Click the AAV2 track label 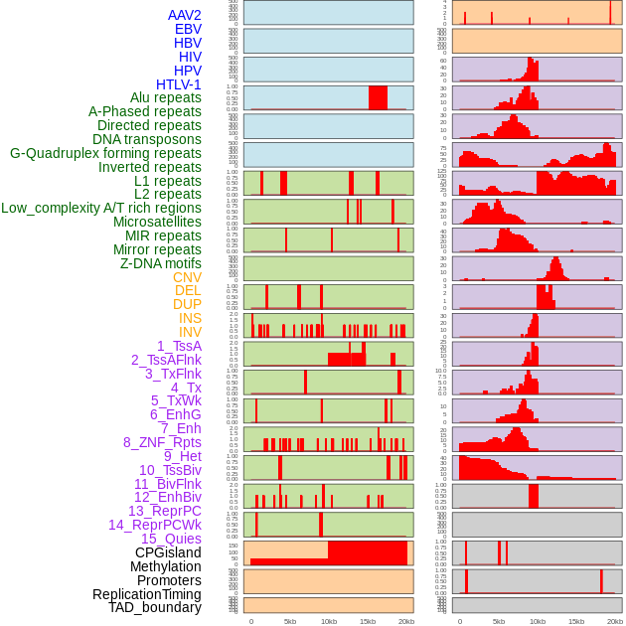click(x=184, y=15)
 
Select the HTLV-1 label click(x=178, y=84)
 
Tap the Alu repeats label click(x=165, y=97)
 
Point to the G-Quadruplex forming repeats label click(x=105, y=153)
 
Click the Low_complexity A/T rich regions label click(x=101, y=208)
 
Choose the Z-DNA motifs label click(x=160, y=263)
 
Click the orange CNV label click(x=187, y=277)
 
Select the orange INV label click(x=190, y=332)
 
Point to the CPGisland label click(x=168, y=552)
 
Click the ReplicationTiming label click(x=146, y=594)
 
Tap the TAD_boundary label click(x=154, y=607)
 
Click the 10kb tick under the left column click(x=329, y=621)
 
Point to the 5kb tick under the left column click(x=290, y=621)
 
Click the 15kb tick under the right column click(x=576, y=621)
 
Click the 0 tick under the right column click(x=459, y=621)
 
